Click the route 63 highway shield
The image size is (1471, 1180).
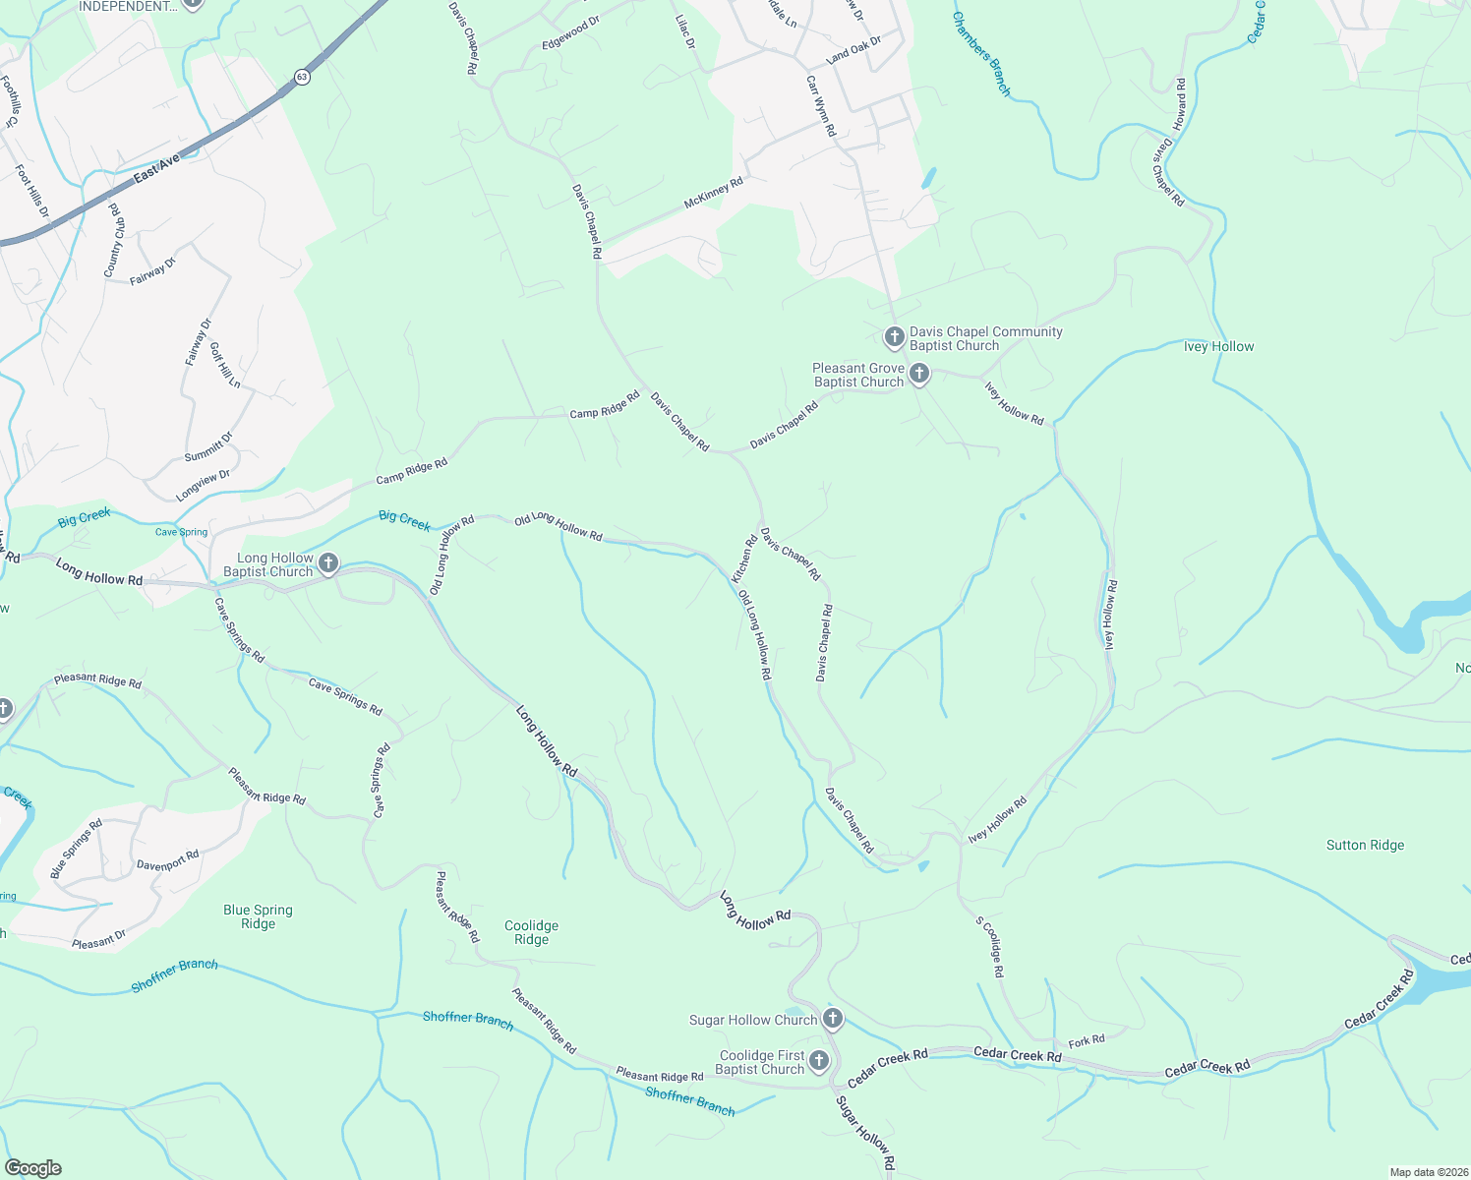pyautogui.click(x=301, y=77)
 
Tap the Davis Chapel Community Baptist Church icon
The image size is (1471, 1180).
pyautogui.click(x=894, y=338)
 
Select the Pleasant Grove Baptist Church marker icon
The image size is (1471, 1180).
pyautogui.click(x=919, y=375)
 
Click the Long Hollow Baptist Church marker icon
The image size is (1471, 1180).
pyautogui.click(x=328, y=563)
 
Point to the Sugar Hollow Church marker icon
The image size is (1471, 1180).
pyautogui.click(x=833, y=1019)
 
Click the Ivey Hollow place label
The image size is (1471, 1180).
pyautogui.click(x=1218, y=346)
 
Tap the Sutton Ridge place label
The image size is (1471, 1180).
pyautogui.click(x=1365, y=845)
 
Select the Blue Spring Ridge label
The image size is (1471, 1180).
pyautogui.click(x=258, y=916)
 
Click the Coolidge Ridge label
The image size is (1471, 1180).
pyautogui.click(x=531, y=932)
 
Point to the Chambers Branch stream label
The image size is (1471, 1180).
pyautogui.click(x=980, y=54)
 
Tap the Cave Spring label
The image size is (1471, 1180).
pyautogui.click(x=182, y=532)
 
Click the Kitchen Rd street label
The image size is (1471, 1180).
pyautogui.click(x=744, y=558)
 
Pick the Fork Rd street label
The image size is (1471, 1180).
pyautogui.click(x=1087, y=1040)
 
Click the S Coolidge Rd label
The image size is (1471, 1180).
pyautogui.click(x=990, y=947)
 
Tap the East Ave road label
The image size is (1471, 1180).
pyautogui.click(x=157, y=167)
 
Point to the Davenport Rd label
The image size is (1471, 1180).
pyautogui.click(x=168, y=860)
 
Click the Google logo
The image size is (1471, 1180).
pyautogui.click(x=33, y=1168)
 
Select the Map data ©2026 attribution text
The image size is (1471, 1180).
pyautogui.click(x=1428, y=1172)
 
